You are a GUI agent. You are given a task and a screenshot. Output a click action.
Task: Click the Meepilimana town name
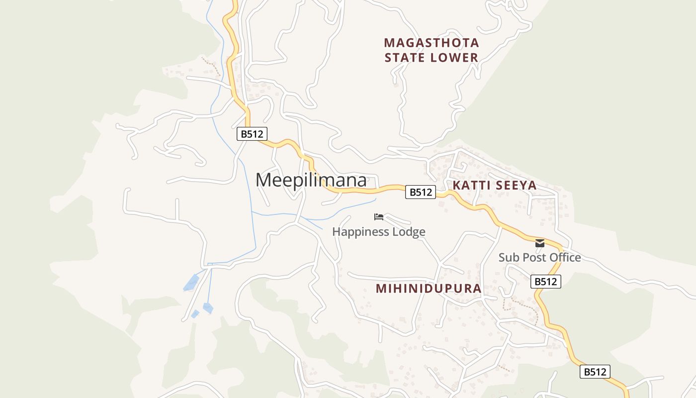[311, 180]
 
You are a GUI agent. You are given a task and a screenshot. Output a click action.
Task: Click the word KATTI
[470, 186]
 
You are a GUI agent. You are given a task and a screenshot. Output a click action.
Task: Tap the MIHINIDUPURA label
[429, 289]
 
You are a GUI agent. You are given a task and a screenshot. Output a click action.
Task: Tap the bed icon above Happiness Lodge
[379, 217]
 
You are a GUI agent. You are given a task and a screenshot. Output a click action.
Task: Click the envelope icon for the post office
[540, 243]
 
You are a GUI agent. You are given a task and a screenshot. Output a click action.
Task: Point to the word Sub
[508, 258]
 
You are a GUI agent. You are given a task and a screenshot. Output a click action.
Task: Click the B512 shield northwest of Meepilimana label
[252, 134]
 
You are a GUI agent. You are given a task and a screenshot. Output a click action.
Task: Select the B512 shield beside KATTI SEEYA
[421, 192]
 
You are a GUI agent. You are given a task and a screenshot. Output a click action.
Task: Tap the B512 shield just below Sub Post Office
[545, 282]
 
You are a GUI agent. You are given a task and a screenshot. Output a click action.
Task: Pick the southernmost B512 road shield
[595, 372]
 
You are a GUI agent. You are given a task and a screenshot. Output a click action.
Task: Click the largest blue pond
[191, 283]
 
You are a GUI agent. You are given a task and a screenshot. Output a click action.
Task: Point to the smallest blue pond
[195, 314]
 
